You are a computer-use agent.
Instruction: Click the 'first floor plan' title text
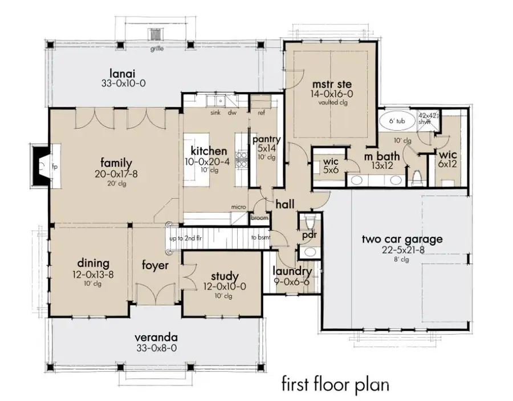coord(335,384)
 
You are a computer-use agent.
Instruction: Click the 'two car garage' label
coord(401,239)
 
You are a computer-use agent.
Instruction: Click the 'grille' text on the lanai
coord(157,49)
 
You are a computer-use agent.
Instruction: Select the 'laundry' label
coord(292,272)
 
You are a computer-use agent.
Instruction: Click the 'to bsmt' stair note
coord(260,237)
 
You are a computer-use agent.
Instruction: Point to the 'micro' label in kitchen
coord(238,206)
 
